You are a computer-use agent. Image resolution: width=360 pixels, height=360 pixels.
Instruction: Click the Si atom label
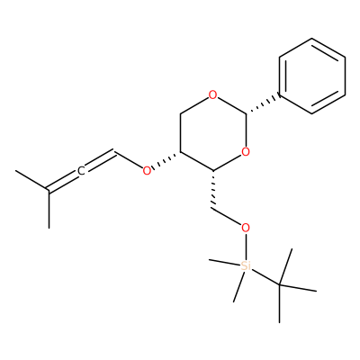pyautogui.click(x=246, y=265)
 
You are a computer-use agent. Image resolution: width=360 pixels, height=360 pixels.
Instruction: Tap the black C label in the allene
pyautogui.click(x=81, y=171)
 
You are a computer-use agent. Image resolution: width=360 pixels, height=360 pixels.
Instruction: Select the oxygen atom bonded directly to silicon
pyautogui.click(x=246, y=229)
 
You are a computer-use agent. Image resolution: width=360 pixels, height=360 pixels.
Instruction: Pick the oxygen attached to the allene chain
pyautogui.click(x=147, y=171)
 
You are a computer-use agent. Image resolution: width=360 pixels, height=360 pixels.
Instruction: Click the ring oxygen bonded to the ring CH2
pyautogui.click(x=212, y=95)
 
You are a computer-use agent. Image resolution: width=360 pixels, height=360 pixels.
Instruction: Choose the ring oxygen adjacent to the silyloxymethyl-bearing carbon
pyautogui.click(x=246, y=152)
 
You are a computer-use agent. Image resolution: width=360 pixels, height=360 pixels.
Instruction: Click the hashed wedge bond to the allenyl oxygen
pyautogui.click(x=166, y=160)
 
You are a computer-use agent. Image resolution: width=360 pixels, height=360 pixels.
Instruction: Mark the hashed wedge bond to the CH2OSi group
pyautogui.click(x=213, y=190)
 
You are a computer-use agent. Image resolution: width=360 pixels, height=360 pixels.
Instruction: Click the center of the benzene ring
pyautogui.click(x=312, y=76)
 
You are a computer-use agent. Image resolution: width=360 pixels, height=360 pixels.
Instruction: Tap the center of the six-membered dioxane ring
pyautogui.click(x=212, y=133)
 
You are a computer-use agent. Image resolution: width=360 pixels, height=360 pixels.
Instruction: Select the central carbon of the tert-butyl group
pyautogui.click(x=279, y=284)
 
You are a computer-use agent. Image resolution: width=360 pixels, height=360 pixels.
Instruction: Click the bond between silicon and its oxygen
pyautogui.click(x=246, y=247)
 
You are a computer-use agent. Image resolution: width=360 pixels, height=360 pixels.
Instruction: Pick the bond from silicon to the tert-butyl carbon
pyautogui.click(x=265, y=276)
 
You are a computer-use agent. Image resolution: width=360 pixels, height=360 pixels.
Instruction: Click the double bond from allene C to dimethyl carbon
pyautogui.click(x=62, y=182)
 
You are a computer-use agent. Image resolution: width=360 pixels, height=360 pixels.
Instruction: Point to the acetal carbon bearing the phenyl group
pyautogui.click(x=246, y=114)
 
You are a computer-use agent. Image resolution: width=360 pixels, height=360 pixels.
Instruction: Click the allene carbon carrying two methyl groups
pyautogui.click(x=49, y=190)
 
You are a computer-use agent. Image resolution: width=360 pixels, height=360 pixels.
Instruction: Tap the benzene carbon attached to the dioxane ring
pyautogui.click(x=279, y=95)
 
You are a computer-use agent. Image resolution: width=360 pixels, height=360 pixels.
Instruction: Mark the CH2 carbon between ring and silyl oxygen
pyautogui.click(x=213, y=209)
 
